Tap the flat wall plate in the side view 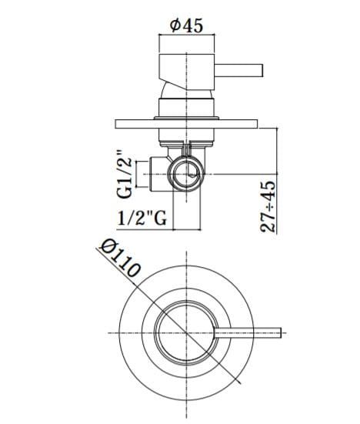[185, 122]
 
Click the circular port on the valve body [187, 174]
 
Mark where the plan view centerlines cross [185, 333]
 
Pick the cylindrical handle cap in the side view [183, 71]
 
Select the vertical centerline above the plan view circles [185, 262]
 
